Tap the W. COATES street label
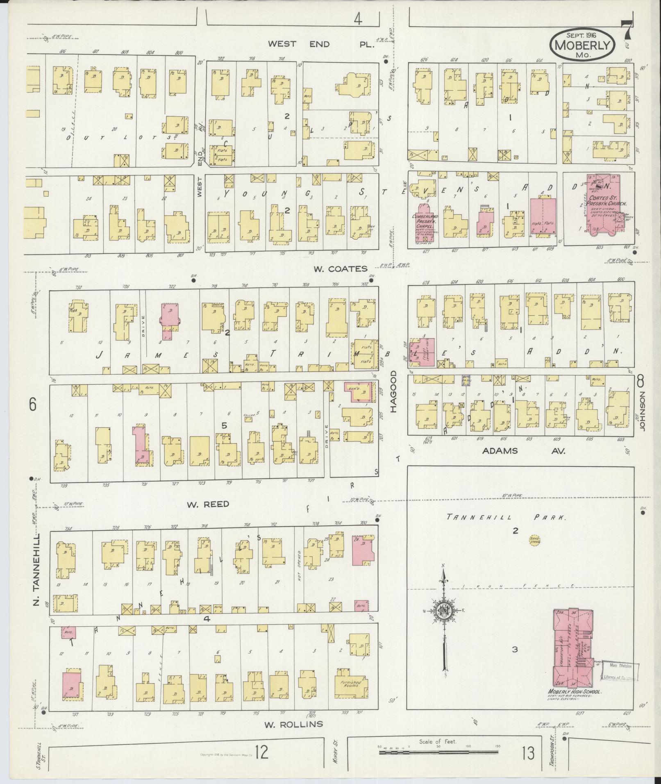click(x=341, y=269)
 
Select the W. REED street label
click(x=208, y=504)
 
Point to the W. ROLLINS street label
click(x=293, y=724)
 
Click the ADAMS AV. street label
click(x=524, y=451)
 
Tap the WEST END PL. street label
click(x=322, y=44)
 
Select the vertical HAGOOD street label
click(x=394, y=391)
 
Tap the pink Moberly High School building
click(x=572, y=648)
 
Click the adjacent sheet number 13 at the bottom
click(x=528, y=753)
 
